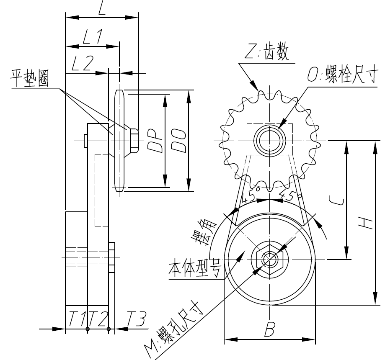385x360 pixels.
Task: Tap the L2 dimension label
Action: (82, 64)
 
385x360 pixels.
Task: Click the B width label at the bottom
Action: (269, 330)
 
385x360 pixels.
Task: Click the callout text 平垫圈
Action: (29, 80)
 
